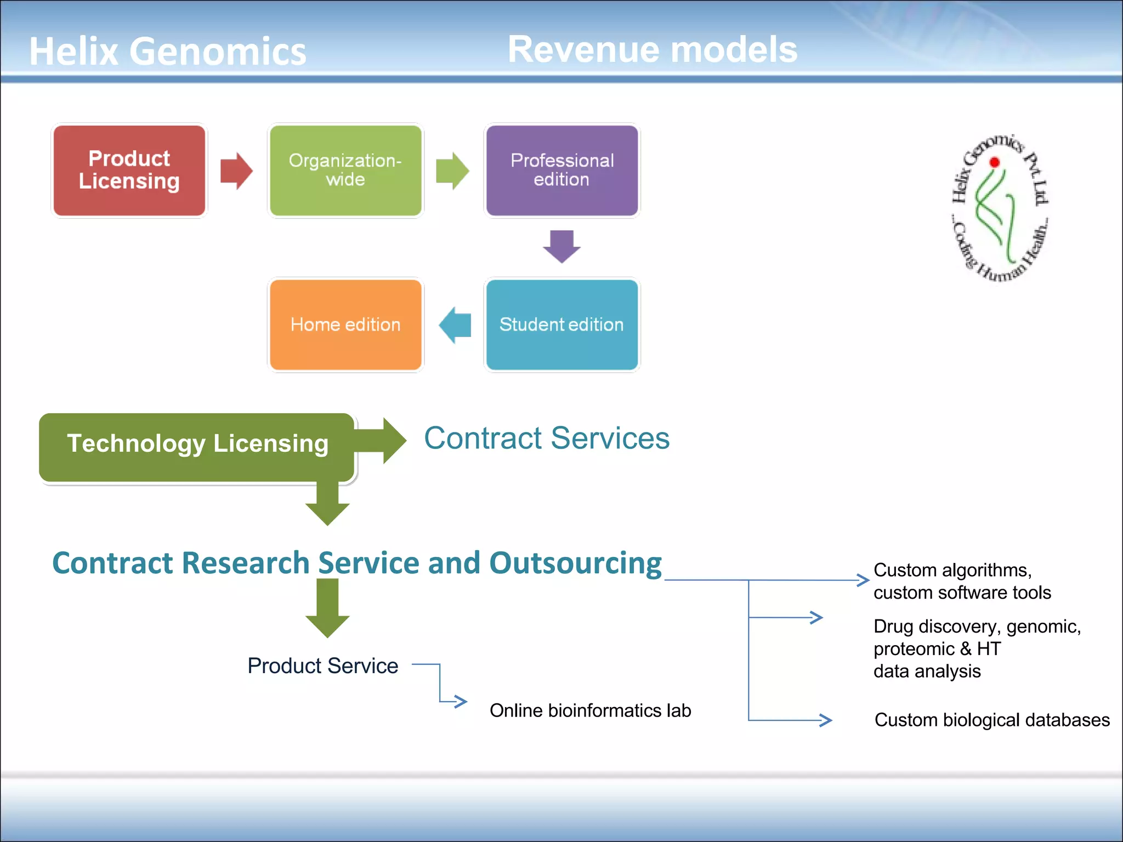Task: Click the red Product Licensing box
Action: point(129,170)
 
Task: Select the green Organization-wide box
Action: point(345,170)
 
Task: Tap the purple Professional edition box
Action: point(561,170)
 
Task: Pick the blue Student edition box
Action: point(561,325)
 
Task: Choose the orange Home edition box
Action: point(345,325)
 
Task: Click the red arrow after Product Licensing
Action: point(236,170)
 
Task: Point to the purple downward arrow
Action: point(561,246)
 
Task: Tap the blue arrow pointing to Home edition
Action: point(455,325)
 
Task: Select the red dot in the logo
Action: point(995,162)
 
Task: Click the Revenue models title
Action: point(652,49)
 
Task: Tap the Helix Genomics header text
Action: point(167,52)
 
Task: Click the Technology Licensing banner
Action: point(197,444)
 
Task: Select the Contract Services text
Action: point(547,439)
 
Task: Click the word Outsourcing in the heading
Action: point(575,563)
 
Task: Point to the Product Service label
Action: point(322,666)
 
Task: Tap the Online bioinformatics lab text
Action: point(590,711)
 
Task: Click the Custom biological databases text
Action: point(992,720)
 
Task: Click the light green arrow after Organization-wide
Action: point(452,170)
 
